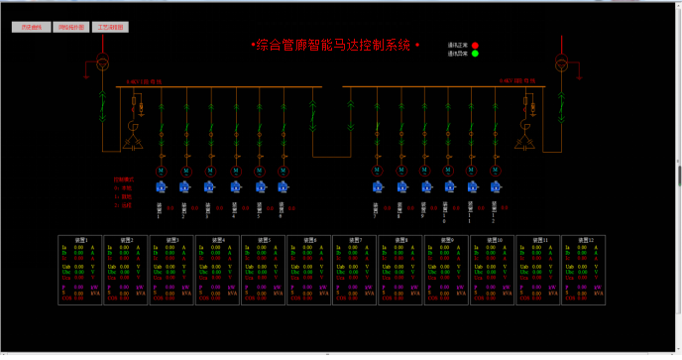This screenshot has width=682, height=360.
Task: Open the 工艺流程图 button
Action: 110,28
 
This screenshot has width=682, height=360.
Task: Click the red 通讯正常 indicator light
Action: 475,46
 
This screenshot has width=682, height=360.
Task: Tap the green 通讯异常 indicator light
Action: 475,54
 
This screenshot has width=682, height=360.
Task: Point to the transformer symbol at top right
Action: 561,64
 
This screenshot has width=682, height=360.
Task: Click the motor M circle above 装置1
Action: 161,171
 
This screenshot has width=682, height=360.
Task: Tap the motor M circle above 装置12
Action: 497,171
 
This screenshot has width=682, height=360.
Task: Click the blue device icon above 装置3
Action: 209,186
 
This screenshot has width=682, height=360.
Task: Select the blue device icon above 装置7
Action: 377,186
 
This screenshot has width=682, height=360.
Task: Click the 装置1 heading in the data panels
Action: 79,240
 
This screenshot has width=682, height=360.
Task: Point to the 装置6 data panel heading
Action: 309,240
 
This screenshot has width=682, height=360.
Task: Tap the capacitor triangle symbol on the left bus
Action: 132,145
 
